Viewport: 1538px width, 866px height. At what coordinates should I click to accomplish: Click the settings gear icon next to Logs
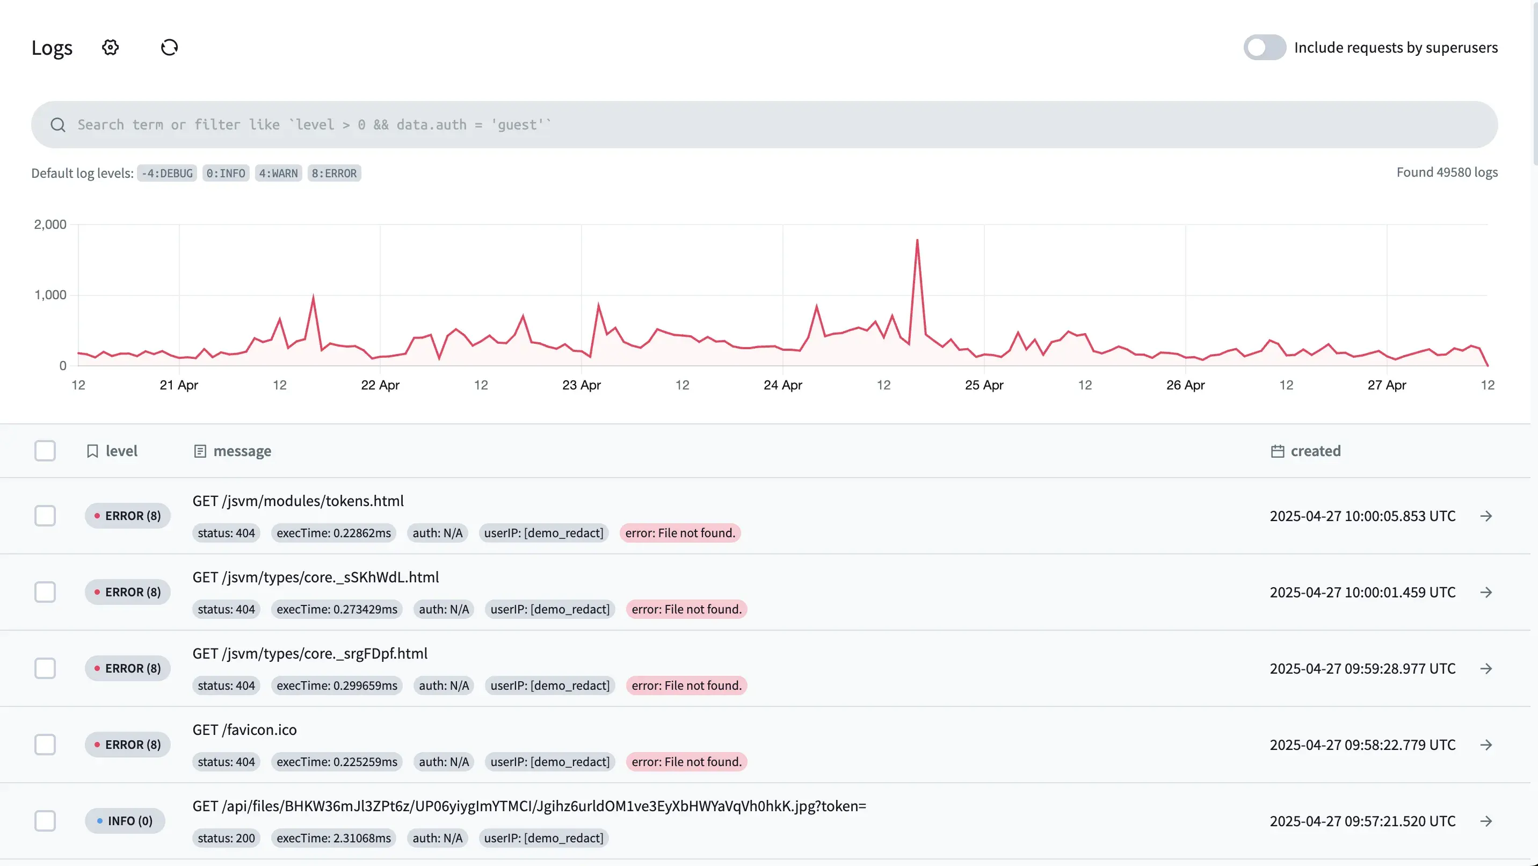click(111, 47)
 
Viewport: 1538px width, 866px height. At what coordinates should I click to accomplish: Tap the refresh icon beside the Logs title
click(170, 47)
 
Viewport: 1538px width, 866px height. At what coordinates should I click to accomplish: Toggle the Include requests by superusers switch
click(1264, 47)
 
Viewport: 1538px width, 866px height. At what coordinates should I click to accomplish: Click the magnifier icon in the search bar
click(58, 125)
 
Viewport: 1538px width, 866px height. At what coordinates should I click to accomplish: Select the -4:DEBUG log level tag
click(166, 173)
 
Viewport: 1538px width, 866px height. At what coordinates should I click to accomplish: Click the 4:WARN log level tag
click(278, 173)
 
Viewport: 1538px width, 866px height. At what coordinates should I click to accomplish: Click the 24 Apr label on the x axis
click(783, 385)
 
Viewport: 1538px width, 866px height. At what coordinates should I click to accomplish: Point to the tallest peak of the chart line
click(917, 240)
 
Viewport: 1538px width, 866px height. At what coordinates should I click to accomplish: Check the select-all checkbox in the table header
click(45, 451)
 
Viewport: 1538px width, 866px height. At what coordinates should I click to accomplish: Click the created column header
click(1315, 451)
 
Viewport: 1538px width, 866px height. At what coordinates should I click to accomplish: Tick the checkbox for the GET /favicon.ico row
click(45, 745)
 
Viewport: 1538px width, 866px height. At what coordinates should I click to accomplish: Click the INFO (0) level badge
click(125, 821)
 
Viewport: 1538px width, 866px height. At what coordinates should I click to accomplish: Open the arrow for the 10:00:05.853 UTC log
click(1486, 516)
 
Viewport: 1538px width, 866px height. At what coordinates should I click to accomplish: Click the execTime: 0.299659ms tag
click(337, 685)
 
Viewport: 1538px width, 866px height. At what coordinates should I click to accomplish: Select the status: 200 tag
click(226, 838)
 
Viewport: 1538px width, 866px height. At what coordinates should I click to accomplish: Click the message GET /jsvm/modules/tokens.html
click(298, 501)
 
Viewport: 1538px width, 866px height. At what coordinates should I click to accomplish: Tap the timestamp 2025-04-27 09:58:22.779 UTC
click(1362, 745)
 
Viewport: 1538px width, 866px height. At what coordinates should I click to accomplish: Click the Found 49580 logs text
click(1447, 172)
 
